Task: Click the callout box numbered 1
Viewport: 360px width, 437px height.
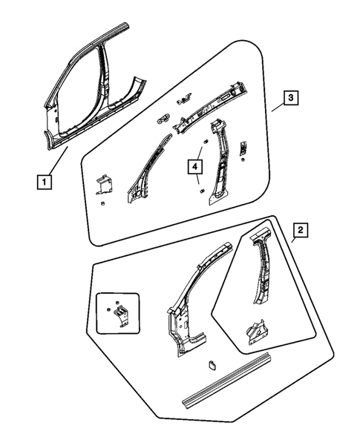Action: coord(46,180)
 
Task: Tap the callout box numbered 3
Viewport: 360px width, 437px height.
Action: coord(292,97)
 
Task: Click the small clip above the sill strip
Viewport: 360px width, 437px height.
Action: coord(210,364)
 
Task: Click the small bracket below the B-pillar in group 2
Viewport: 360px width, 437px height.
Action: coord(255,330)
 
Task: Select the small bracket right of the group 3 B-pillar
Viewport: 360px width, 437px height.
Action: coord(243,148)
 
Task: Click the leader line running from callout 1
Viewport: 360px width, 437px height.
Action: coord(59,161)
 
